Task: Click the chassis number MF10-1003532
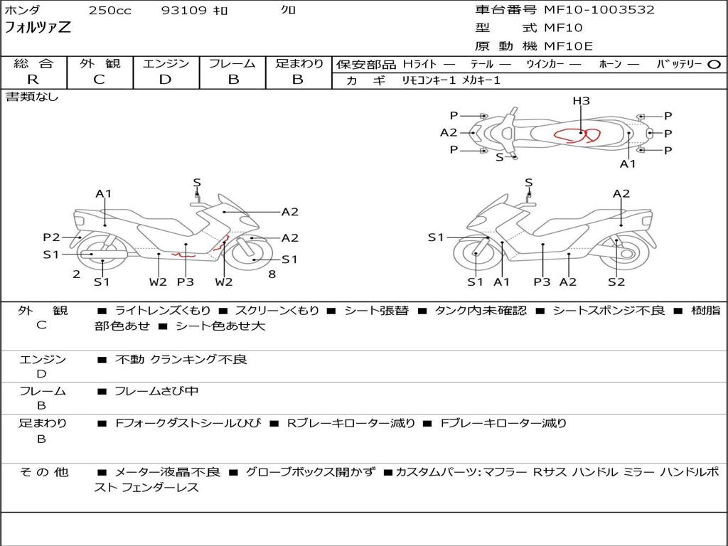pyautogui.click(x=599, y=10)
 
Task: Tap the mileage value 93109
pyautogui.click(x=183, y=10)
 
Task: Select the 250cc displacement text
pyautogui.click(x=110, y=10)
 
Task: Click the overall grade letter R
pyautogui.click(x=33, y=80)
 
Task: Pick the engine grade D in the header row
pyautogui.click(x=165, y=80)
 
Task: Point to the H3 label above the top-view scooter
pyautogui.click(x=581, y=101)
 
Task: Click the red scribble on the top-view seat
pyautogui.click(x=577, y=135)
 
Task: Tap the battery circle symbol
pyautogui.click(x=714, y=65)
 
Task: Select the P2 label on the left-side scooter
pyautogui.click(x=51, y=237)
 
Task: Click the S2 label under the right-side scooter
pyautogui.click(x=616, y=282)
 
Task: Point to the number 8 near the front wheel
pyautogui.click(x=272, y=274)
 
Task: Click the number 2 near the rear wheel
pyautogui.click(x=77, y=274)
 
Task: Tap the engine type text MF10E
pyautogui.click(x=568, y=46)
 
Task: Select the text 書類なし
pyautogui.click(x=32, y=97)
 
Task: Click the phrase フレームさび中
pyautogui.click(x=156, y=392)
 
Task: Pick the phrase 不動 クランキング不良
pyautogui.click(x=181, y=359)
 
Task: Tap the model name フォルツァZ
pyautogui.click(x=38, y=27)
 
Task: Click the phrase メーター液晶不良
pyautogui.click(x=167, y=472)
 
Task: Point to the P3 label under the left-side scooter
pyautogui.click(x=186, y=282)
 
